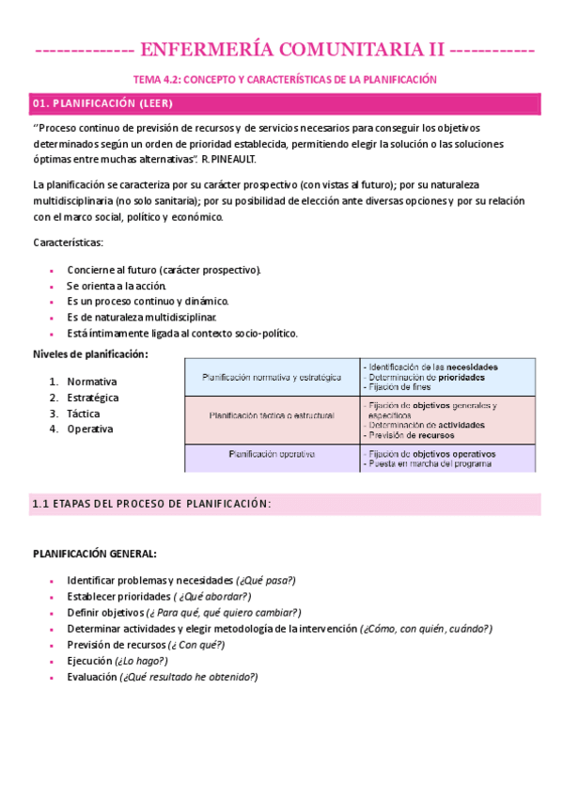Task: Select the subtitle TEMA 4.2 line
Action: [x=283, y=80]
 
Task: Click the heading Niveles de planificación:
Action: [x=90, y=353]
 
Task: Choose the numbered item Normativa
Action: [x=92, y=382]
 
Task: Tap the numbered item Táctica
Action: [x=84, y=414]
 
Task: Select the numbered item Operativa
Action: [x=90, y=430]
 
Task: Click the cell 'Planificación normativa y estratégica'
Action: [x=272, y=378]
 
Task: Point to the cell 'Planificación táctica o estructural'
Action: [x=272, y=414]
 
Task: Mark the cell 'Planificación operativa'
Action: [x=272, y=454]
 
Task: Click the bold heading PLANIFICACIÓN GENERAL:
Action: [x=95, y=554]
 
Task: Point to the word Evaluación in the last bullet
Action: [x=91, y=677]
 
